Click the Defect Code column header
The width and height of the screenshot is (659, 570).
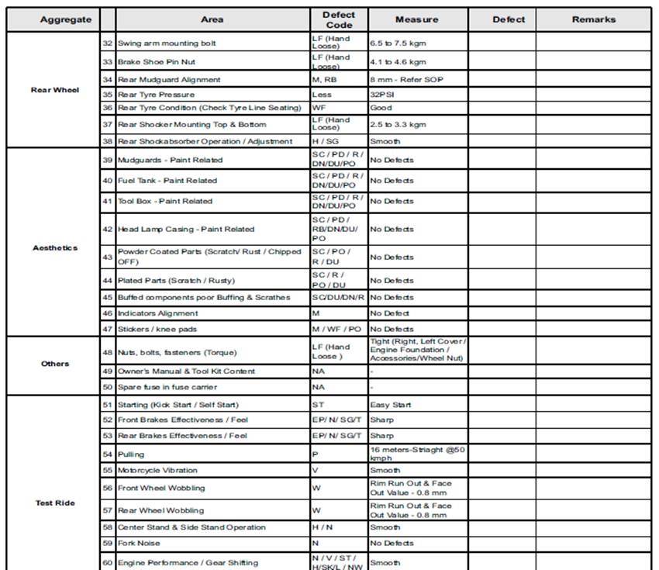pyautogui.click(x=339, y=19)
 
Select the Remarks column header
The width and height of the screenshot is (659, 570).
pyautogui.click(x=594, y=19)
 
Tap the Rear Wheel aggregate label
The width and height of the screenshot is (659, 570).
pyautogui.click(x=55, y=90)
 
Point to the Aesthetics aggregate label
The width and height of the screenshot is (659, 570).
pyautogui.click(x=55, y=247)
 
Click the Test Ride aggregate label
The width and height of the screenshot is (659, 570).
pyautogui.click(x=55, y=503)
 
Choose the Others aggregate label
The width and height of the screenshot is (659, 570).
pyautogui.click(x=55, y=364)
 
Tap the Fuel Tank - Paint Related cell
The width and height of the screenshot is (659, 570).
pyautogui.click(x=167, y=181)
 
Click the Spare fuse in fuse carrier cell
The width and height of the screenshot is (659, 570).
pyautogui.click(x=167, y=387)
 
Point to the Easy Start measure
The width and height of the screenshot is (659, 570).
pyautogui.click(x=392, y=405)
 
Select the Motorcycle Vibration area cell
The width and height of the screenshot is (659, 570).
pyautogui.click(x=157, y=470)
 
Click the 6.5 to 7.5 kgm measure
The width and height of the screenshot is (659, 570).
pyautogui.click(x=398, y=43)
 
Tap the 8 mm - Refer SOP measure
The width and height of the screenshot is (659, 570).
pyautogui.click(x=406, y=79)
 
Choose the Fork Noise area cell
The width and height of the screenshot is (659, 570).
pyautogui.click(x=140, y=544)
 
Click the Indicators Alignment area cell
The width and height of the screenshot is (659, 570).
pyautogui.click(x=157, y=313)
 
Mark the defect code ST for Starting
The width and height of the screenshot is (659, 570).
pyautogui.click(x=318, y=405)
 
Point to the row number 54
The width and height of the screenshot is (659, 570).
pyautogui.click(x=108, y=454)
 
